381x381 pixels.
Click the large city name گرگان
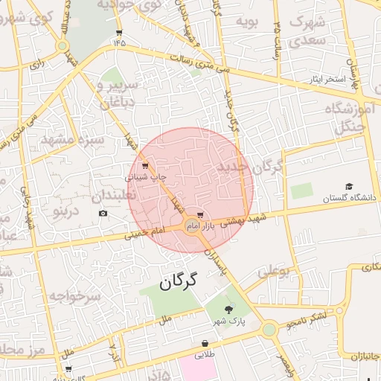[x=181, y=281]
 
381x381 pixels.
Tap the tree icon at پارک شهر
[x=228, y=310]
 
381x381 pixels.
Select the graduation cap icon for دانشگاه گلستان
[x=349, y=187]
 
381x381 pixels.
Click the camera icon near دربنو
[x=103, y=214]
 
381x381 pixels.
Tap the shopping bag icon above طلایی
[x=205, y=344]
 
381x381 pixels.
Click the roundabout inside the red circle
[x=191, y=226]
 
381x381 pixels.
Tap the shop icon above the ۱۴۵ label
[x=119, y=32]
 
